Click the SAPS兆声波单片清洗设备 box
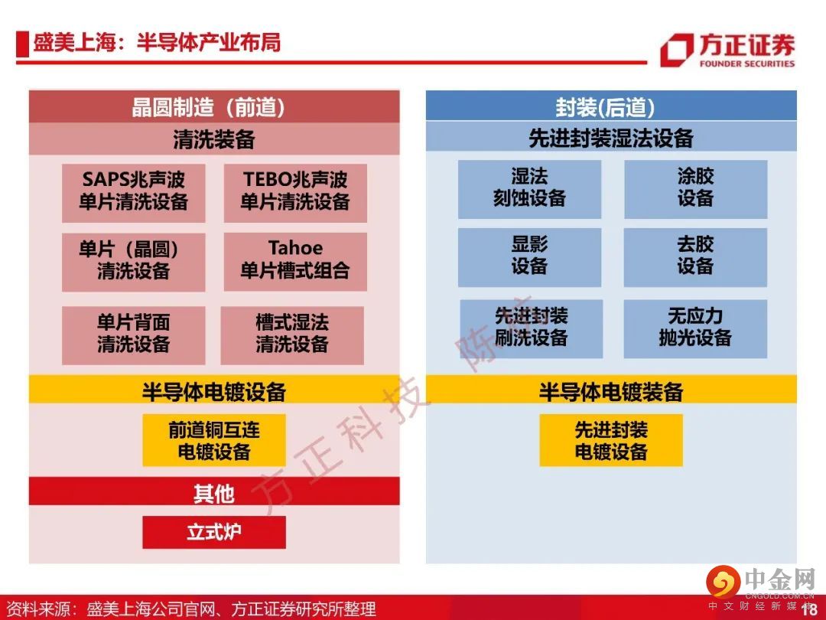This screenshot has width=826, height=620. point(133,192)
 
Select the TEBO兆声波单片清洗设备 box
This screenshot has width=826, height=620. point(295,192)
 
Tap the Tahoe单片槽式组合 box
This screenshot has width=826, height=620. point(295,262)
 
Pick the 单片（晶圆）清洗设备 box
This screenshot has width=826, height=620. point(133,262)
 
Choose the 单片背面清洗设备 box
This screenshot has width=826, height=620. point(133,335)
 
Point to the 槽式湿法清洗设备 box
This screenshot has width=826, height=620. point(292,335)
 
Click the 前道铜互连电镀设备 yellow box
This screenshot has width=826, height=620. point(214,440)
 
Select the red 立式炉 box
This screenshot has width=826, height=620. point(214,532)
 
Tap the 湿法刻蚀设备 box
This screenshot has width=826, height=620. point(529,189)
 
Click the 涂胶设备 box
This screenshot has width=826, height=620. point(695,189)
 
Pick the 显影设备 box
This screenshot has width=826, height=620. point(529,257)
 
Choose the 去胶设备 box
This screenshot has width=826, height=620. point(695,257)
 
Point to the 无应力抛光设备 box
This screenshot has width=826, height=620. point(695,329)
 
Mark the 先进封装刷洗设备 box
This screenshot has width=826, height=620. point(532,329)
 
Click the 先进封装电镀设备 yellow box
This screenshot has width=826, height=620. point(611,440)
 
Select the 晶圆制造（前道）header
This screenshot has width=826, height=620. point(214,106)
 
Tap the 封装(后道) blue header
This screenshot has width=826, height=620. point(611,106)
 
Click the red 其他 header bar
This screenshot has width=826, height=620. point(214,491)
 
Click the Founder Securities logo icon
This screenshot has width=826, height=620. point(676,50)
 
